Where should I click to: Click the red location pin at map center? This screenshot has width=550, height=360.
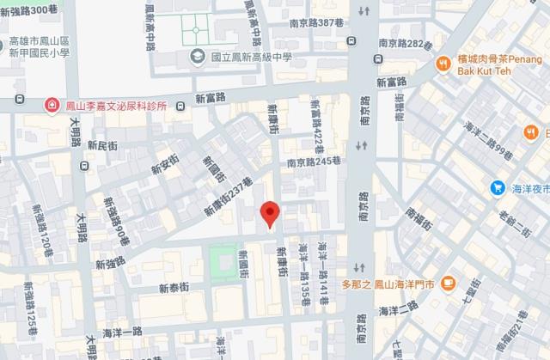pos(270,213)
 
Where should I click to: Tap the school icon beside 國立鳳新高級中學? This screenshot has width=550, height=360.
pos(197,57)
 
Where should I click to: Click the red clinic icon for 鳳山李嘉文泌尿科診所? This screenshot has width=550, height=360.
pos(52,105)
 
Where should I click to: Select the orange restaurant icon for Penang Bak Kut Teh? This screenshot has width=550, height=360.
pos(443,62)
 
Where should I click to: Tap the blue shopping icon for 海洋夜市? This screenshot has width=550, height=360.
pos(497,187)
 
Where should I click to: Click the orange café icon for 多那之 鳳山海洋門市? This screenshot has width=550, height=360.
pos(448,283)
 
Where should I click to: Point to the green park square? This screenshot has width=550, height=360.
pos(223,258)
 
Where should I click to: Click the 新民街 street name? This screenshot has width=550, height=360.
pos(107,149)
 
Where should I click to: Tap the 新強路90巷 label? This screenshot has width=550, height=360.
pos(118,219)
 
